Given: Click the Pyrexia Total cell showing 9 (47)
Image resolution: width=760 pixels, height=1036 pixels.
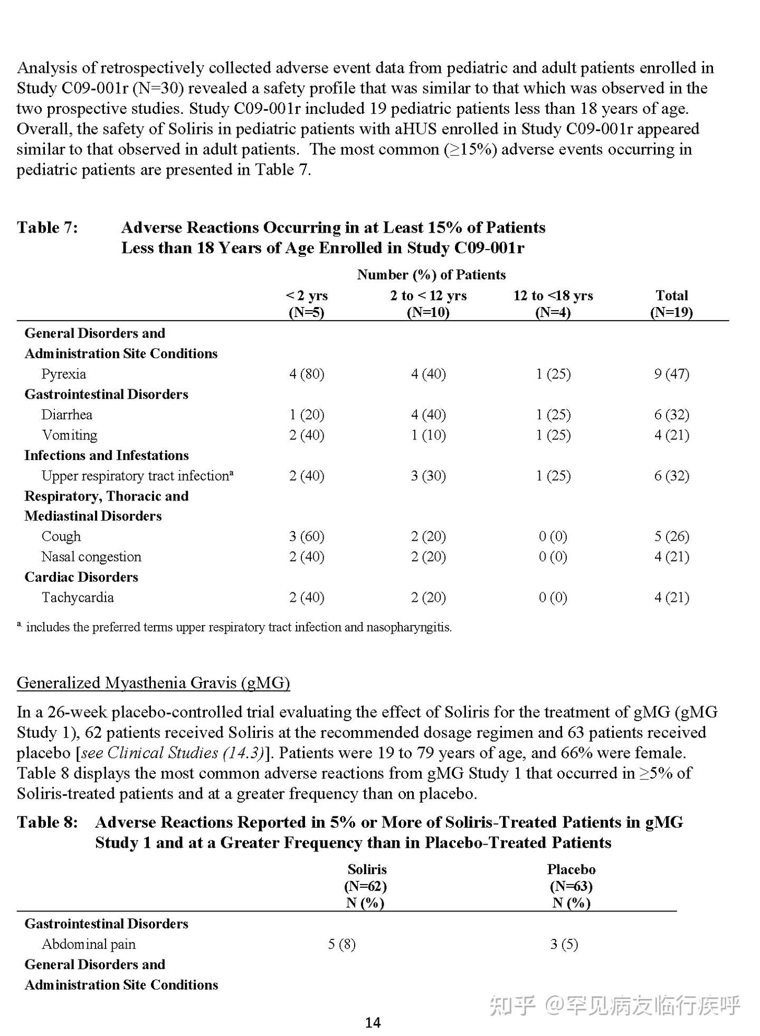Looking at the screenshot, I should pyautogui.click(x=671, y=373).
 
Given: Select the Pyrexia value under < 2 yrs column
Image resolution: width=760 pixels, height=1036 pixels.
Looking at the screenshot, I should pyautogui.click(x=306, y=373).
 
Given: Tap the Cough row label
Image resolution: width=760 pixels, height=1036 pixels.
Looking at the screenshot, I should pyautogui.click(x=61, y=536).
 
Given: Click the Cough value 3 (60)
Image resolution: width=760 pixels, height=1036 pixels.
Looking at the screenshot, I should pyautogui.click(x=306, y=536).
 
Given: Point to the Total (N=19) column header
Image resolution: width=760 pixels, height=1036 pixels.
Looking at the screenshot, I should pyautogui.click(x=671, y=303).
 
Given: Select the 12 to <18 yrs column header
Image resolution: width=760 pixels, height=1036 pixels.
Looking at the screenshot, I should pyautogui.click(x=553, y=303).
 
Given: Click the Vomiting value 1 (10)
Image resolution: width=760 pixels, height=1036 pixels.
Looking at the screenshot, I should pyautogui.click(x=428, y=435).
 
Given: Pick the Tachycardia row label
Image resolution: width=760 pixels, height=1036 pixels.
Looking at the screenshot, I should pyautogui.click(x=78, y=597).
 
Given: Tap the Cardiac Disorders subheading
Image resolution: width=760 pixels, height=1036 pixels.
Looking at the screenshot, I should pyautogui.click(x=81, y=577).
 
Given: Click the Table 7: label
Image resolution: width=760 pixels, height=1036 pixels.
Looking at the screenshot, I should pyautogui.click(x=47, y=227).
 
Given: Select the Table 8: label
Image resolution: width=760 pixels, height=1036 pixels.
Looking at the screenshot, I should pyautogui.click(x=47, y=822).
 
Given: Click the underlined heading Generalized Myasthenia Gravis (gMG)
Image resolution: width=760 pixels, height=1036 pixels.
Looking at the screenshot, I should pyautogui.click(x=153, y=683).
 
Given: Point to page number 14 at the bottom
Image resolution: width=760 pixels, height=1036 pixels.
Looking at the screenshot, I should pyautogui.click(x=373, y=1022).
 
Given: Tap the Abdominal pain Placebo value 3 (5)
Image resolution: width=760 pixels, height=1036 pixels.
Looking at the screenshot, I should pyautogui.click(x=564, y=944).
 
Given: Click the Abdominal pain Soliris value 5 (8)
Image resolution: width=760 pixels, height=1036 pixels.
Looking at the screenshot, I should pyautogui.click(x=341, y=944).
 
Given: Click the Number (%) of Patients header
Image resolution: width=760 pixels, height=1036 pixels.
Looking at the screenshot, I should pyautogui.click(x=431, y=274).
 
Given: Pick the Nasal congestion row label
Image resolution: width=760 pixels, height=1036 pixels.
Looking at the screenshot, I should pyautogui.click(x=91, y=557).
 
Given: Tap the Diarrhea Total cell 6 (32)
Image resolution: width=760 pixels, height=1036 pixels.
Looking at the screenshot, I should pyautogui.click(x=671, y=415).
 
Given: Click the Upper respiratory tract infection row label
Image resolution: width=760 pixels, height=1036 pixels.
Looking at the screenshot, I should pyautogui.click(x=137, y=475).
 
